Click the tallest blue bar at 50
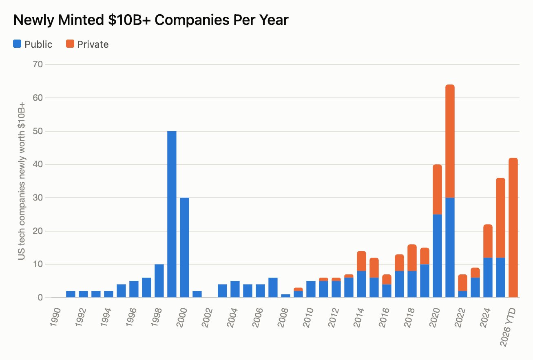[172, 214]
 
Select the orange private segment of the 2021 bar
[450, 141]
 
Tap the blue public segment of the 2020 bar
[437, 256]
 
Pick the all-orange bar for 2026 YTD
[513, 227]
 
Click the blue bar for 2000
[184, 247]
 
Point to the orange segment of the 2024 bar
[488, 241]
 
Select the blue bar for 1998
[159, 281]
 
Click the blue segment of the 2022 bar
[462, 294]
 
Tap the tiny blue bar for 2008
[285, 296]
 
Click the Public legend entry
[33, 44]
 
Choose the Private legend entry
[87, 44]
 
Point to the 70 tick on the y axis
[38, 64]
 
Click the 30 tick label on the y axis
[38, 198]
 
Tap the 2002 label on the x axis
[207, 318]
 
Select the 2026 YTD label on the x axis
[508, 327]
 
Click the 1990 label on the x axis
[55, 318]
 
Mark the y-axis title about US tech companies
[22, 181]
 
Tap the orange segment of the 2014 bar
[361, 261]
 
